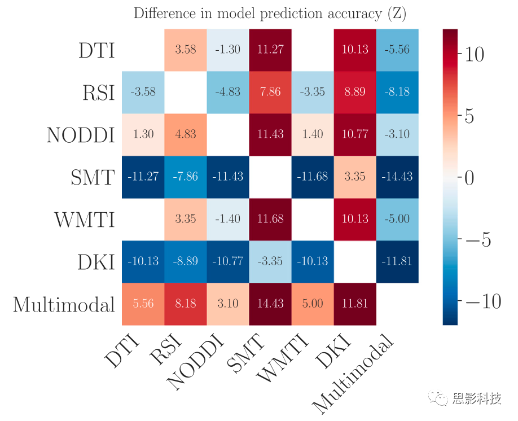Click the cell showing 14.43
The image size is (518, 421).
(270, 304)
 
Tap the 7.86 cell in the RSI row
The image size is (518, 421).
(270, 92)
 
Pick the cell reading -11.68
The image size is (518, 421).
(313, 177)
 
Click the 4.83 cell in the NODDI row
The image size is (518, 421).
(186, 134)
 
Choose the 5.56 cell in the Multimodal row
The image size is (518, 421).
(143, 304)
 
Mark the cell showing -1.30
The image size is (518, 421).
(228, 50)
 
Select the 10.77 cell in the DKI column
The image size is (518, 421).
(355, 134)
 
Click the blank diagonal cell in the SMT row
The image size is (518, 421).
(270, 177)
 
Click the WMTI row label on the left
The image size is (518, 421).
(85, 220)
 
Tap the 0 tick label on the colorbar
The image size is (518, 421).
(469, 178)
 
